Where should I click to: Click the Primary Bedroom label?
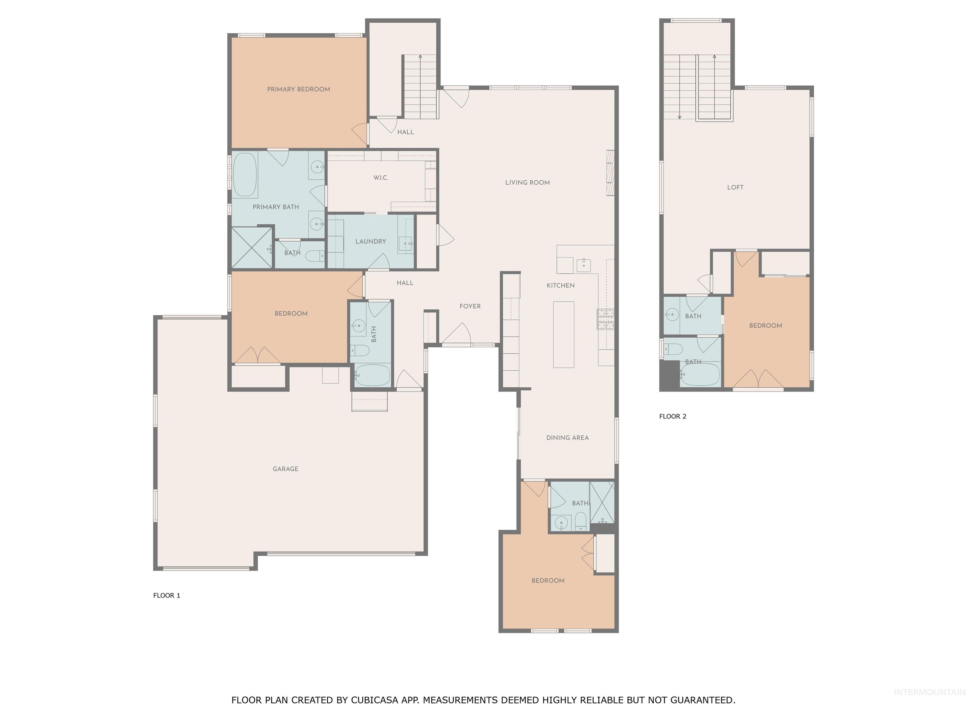(299, 89)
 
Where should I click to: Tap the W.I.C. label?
(380, 178)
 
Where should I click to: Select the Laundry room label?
(370, 241)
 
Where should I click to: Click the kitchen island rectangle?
(563, 334)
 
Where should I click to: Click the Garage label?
(286, 469)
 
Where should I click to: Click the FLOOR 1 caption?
(167, 595)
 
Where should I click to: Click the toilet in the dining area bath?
(580, 521)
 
